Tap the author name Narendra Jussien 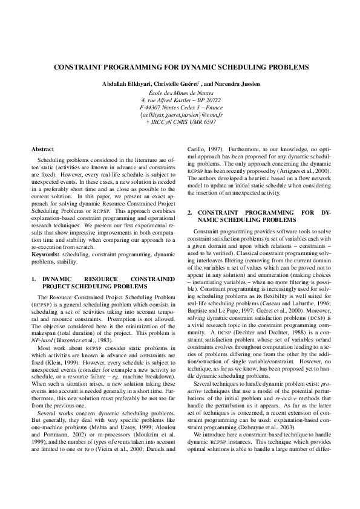(x=241, y=83)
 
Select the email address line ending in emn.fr (x=181, y=114)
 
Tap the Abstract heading (x=43, y=149)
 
